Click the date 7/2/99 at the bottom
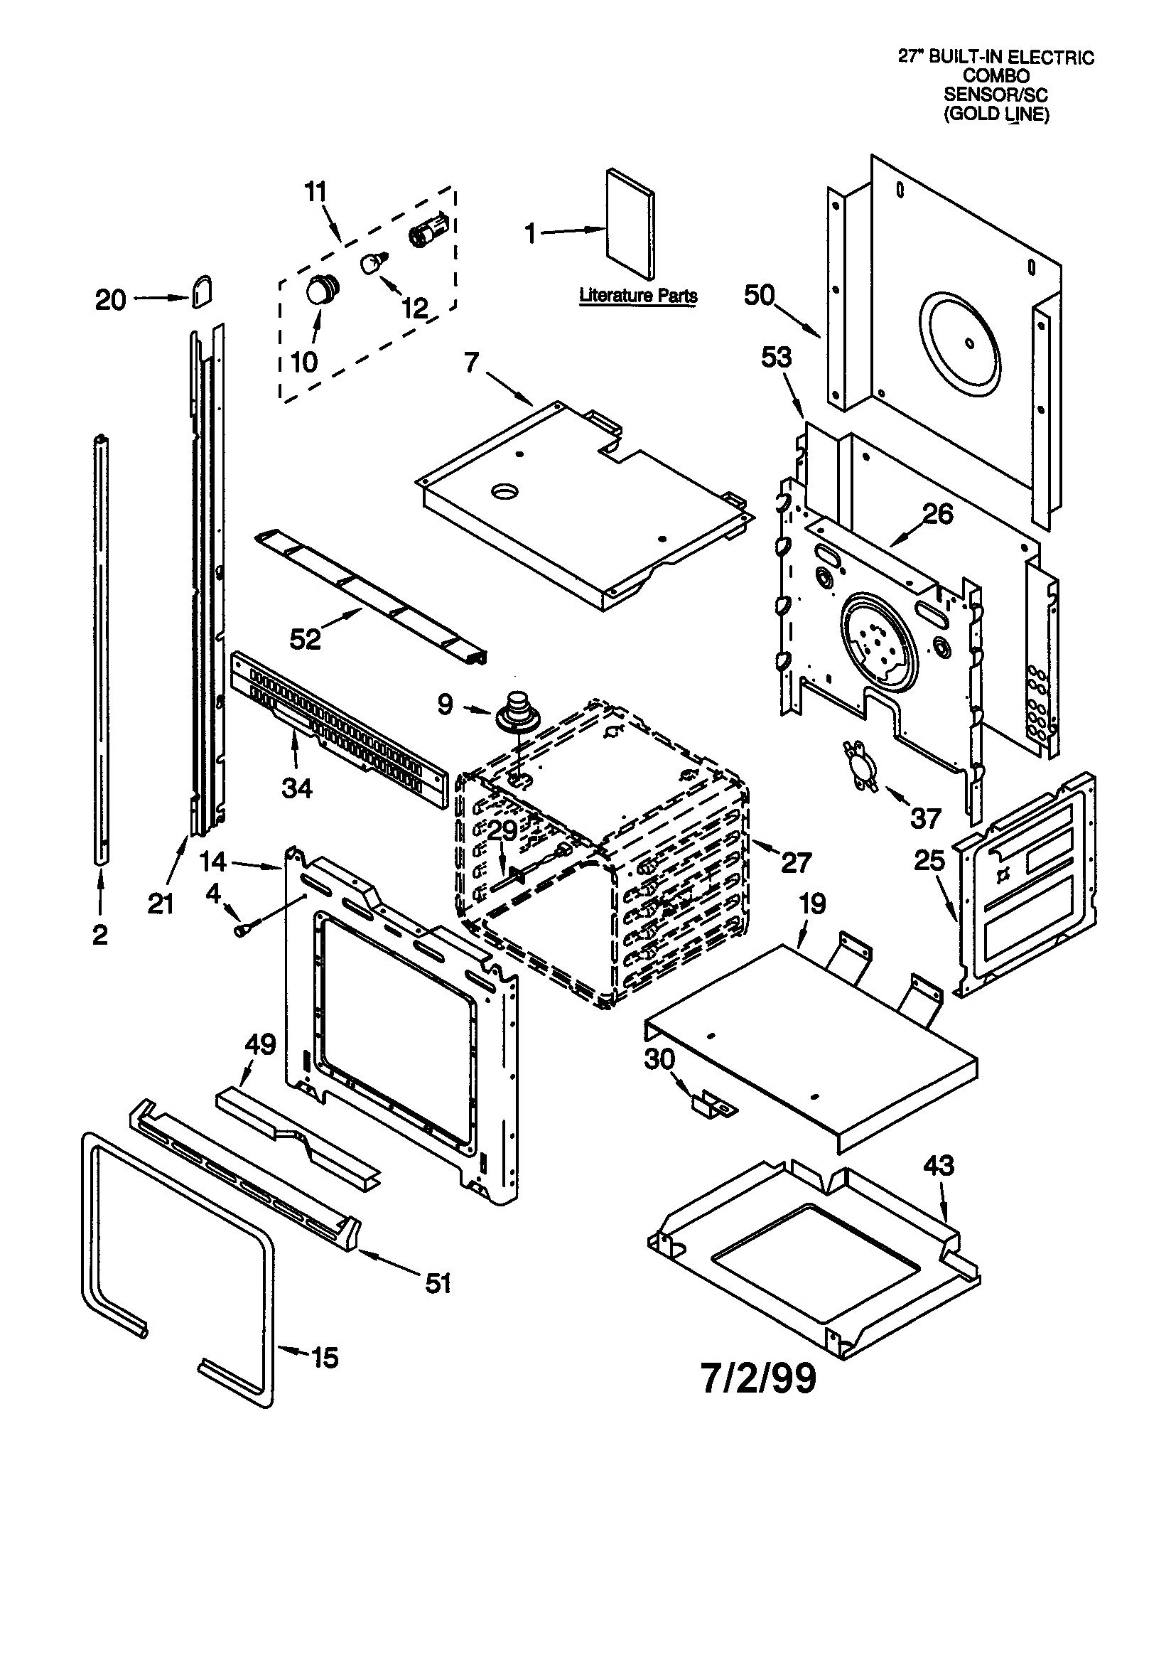pos(757,1378)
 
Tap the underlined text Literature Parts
pos(638,295)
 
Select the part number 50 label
pos(759,295)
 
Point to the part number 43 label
pos(939,1165)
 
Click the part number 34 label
pos(297,788)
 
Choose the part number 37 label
pos(926,818)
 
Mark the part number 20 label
pos(111,300)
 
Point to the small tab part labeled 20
pos(202,290)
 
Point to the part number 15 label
pos(325,1357)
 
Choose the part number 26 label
pos(939,514)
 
